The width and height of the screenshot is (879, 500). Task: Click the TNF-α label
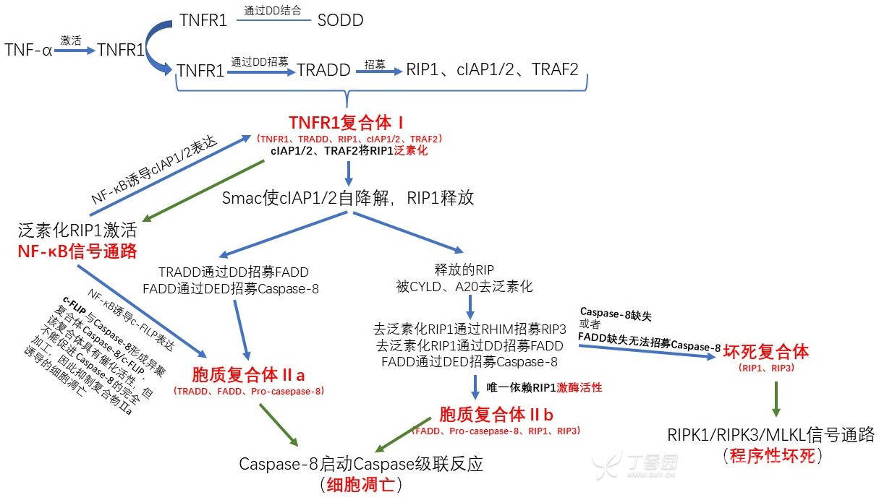point(28,50)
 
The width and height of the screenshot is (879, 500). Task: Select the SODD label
point(340,20)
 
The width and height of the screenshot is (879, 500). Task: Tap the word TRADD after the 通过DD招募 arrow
point(323,70)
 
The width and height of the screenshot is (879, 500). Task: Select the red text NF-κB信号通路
point(77,251)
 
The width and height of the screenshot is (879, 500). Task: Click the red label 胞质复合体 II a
point(249,375)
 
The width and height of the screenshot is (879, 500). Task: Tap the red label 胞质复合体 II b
point(496,415)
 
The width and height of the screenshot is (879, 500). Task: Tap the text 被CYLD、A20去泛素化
point(464,287)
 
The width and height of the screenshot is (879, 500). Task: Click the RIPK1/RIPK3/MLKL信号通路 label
point(771,435)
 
